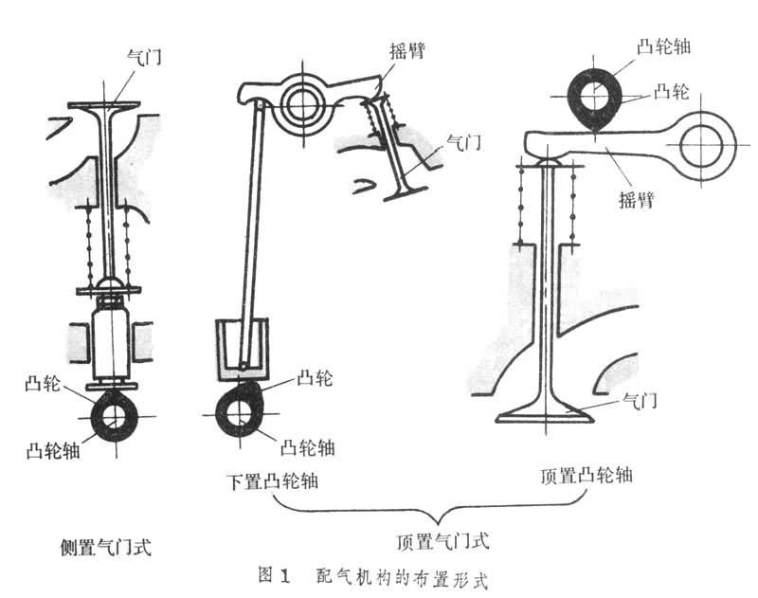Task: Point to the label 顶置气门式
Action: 442,542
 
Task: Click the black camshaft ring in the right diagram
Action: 593,95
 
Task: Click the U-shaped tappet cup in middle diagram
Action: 240,347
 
